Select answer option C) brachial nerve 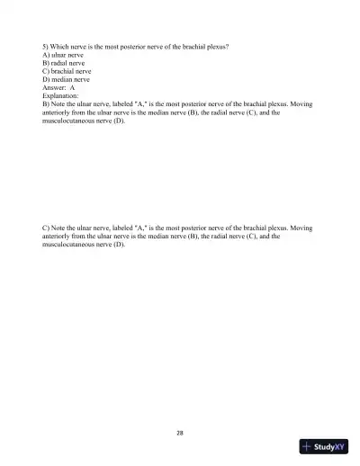click(x=67, y=71)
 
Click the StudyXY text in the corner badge click(x=329, y=447)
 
